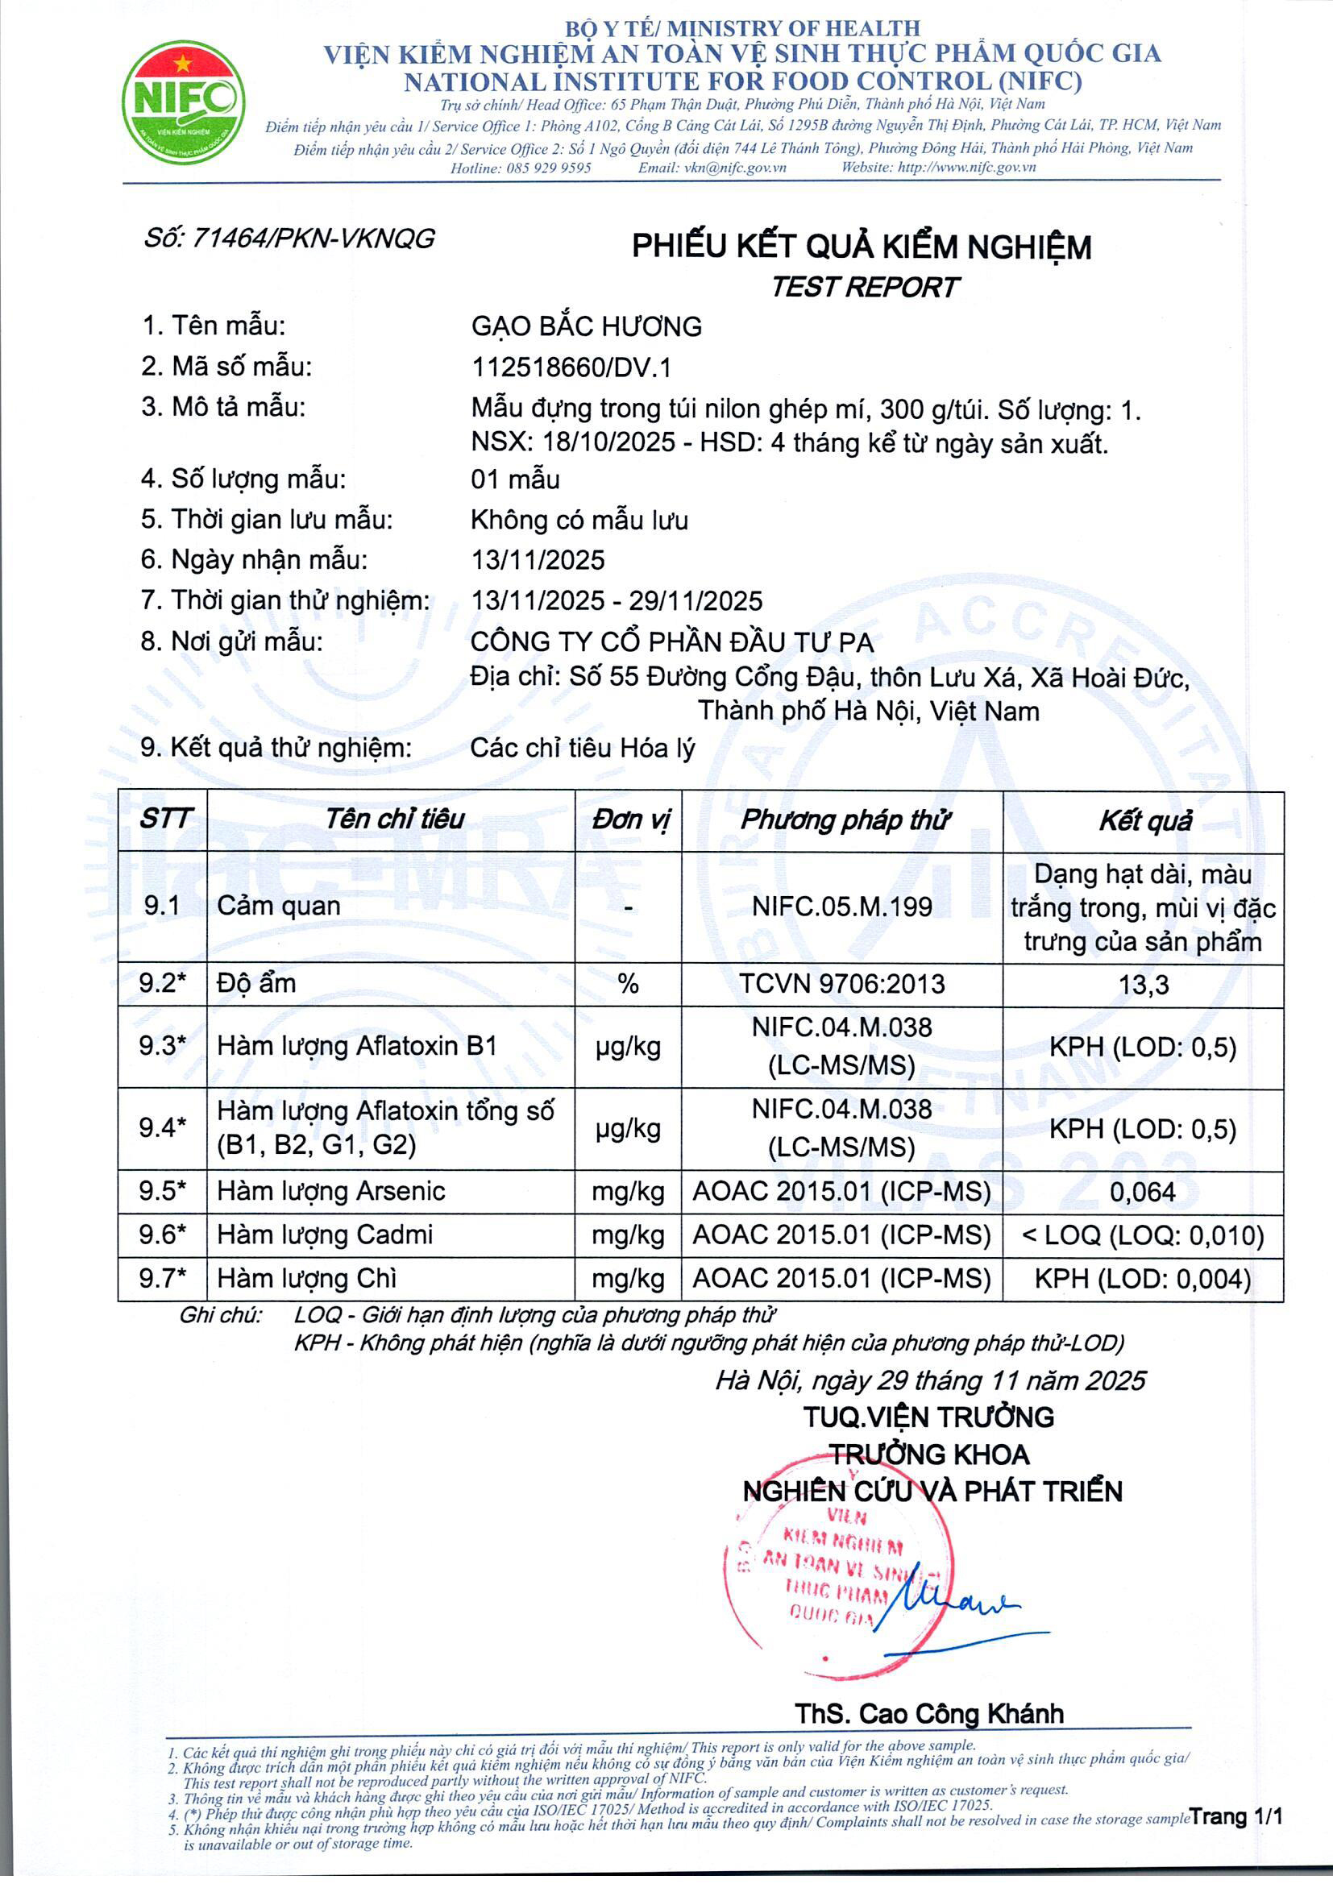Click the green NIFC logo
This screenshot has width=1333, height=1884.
point(183,102)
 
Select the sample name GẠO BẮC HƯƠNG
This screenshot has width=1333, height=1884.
point(586,326)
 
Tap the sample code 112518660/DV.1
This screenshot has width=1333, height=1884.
point(571,367)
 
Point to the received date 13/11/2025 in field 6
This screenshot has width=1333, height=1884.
point(538,559)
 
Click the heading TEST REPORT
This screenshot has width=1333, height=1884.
point(863,287)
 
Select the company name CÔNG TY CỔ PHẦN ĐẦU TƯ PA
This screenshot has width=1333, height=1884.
point(671,641)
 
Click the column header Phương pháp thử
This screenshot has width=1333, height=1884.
point(845,820)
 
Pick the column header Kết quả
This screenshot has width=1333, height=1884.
point(1144,821)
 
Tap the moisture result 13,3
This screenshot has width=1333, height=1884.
point(1144,985)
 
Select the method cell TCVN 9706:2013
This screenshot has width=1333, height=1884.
point(841,984)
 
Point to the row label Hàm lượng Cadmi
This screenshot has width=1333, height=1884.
point(324,1235)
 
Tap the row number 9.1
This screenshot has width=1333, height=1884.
point(162,906)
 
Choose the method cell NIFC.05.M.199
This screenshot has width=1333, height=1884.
point(841,907)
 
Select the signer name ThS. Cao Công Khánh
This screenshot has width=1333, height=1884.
point(928,1714)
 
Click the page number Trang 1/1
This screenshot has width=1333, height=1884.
point(1236,1816)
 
